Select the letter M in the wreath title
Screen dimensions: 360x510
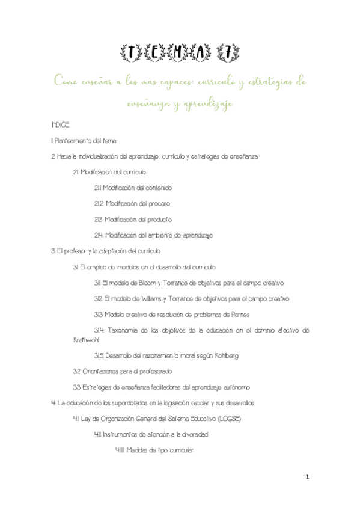pyautogui.click(x=180, y=54)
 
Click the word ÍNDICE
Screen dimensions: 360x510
pyautogui.click(x=61, y=125)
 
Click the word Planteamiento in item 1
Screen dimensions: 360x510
pyautogui.click(x=72, y=141)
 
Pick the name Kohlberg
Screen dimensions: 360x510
pyautogui.click(x=224, y=355)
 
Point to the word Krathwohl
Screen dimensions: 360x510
pyautogui.click(x=64, y=340)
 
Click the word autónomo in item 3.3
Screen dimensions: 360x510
pyautogui.click(x=236, y=387)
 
